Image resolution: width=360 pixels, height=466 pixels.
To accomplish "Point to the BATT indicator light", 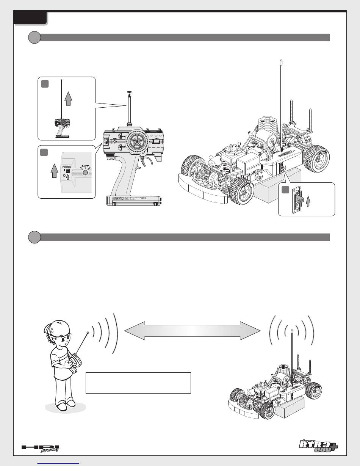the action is [x=86, y=173].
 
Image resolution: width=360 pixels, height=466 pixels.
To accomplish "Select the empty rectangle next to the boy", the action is [x=138, y=383].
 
